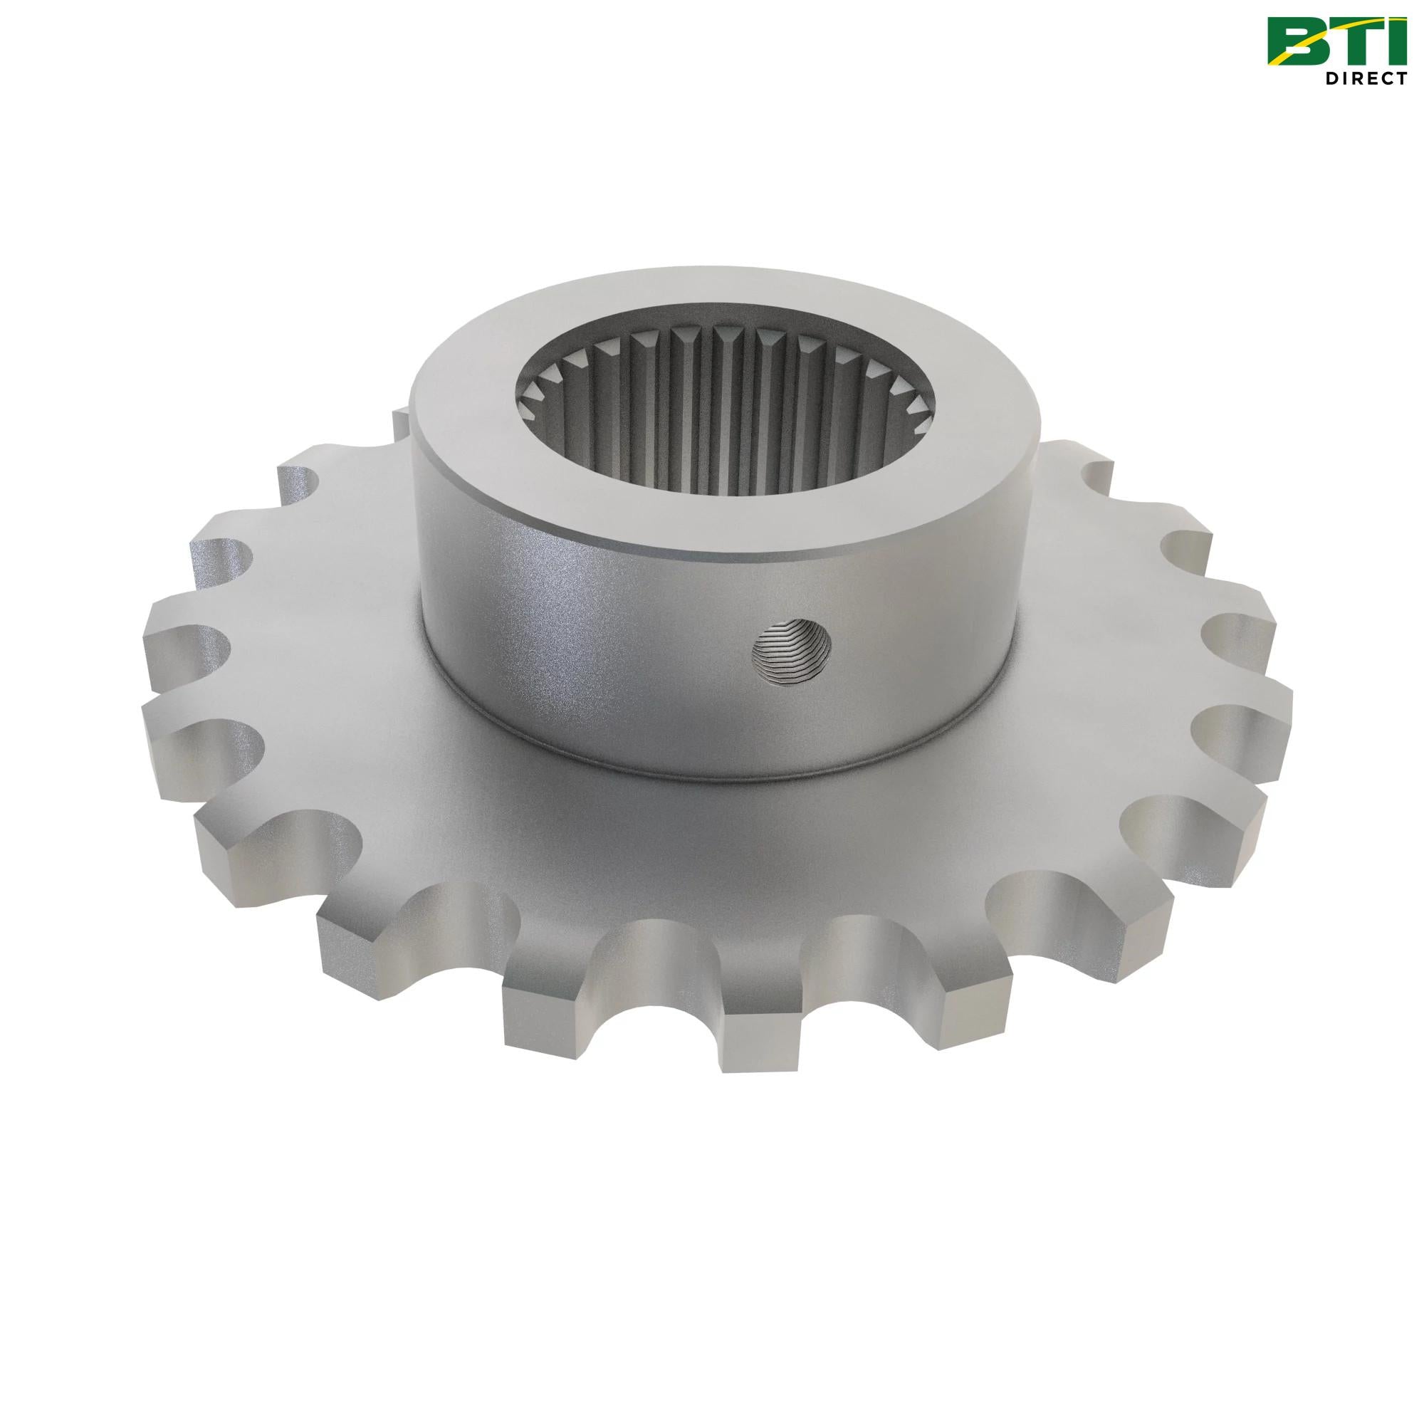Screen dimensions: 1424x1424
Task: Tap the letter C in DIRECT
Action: pyautogui.click(x=1386, y=78)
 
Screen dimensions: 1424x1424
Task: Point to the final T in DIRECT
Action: pyautogui.click(x=1403, y=78)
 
